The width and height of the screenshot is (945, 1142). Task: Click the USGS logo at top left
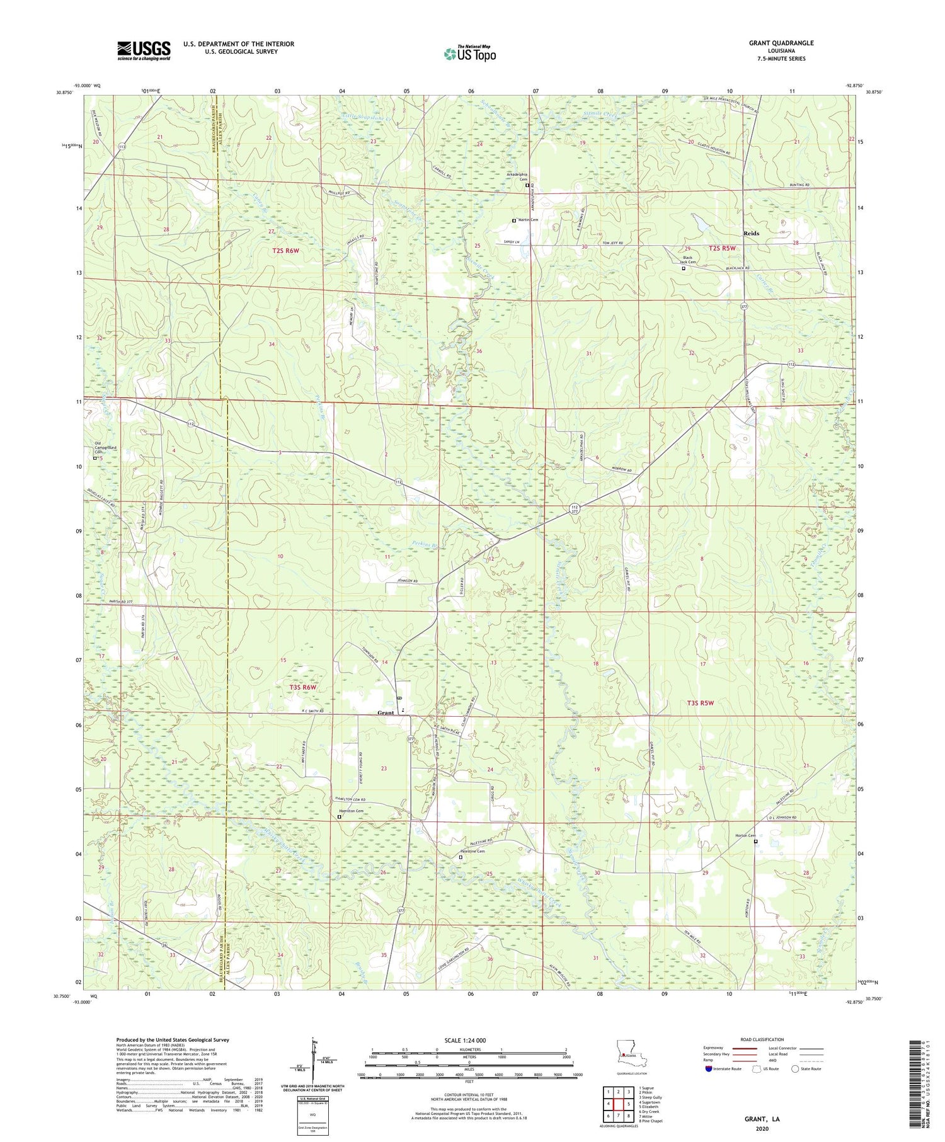(144, 50)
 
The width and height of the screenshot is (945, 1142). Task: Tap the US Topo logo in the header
(469, 54)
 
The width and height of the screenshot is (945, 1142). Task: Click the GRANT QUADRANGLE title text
(781, 43)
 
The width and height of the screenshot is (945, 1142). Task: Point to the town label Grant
(386, 713)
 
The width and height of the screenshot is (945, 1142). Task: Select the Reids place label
(751, 233)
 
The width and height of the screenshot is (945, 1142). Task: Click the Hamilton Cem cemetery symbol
(339, 817)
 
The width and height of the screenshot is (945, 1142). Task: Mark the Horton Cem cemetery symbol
(756, 842)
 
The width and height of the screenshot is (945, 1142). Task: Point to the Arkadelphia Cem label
(517, 177)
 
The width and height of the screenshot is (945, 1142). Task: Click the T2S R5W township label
(723, 248)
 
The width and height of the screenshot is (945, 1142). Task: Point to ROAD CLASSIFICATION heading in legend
(762, 1039)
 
